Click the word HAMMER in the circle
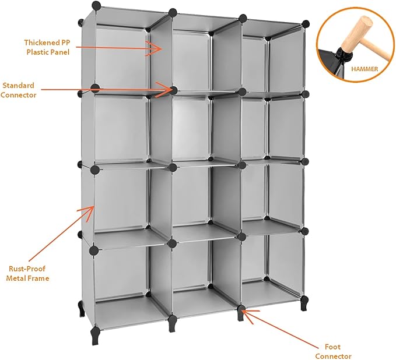pos(365,69)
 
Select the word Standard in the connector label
pos(18,86)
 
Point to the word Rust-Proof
pos(27,269)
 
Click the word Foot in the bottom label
pos(332,347)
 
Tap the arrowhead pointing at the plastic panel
pos(155,48)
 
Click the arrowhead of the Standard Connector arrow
pos(164,89)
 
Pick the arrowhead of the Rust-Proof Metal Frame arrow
pos(87,211)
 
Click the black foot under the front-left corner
pos(96,335)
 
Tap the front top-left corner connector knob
pos(96,5)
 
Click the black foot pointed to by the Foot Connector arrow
pos(241,313)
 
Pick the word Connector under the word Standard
pos(18,95)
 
